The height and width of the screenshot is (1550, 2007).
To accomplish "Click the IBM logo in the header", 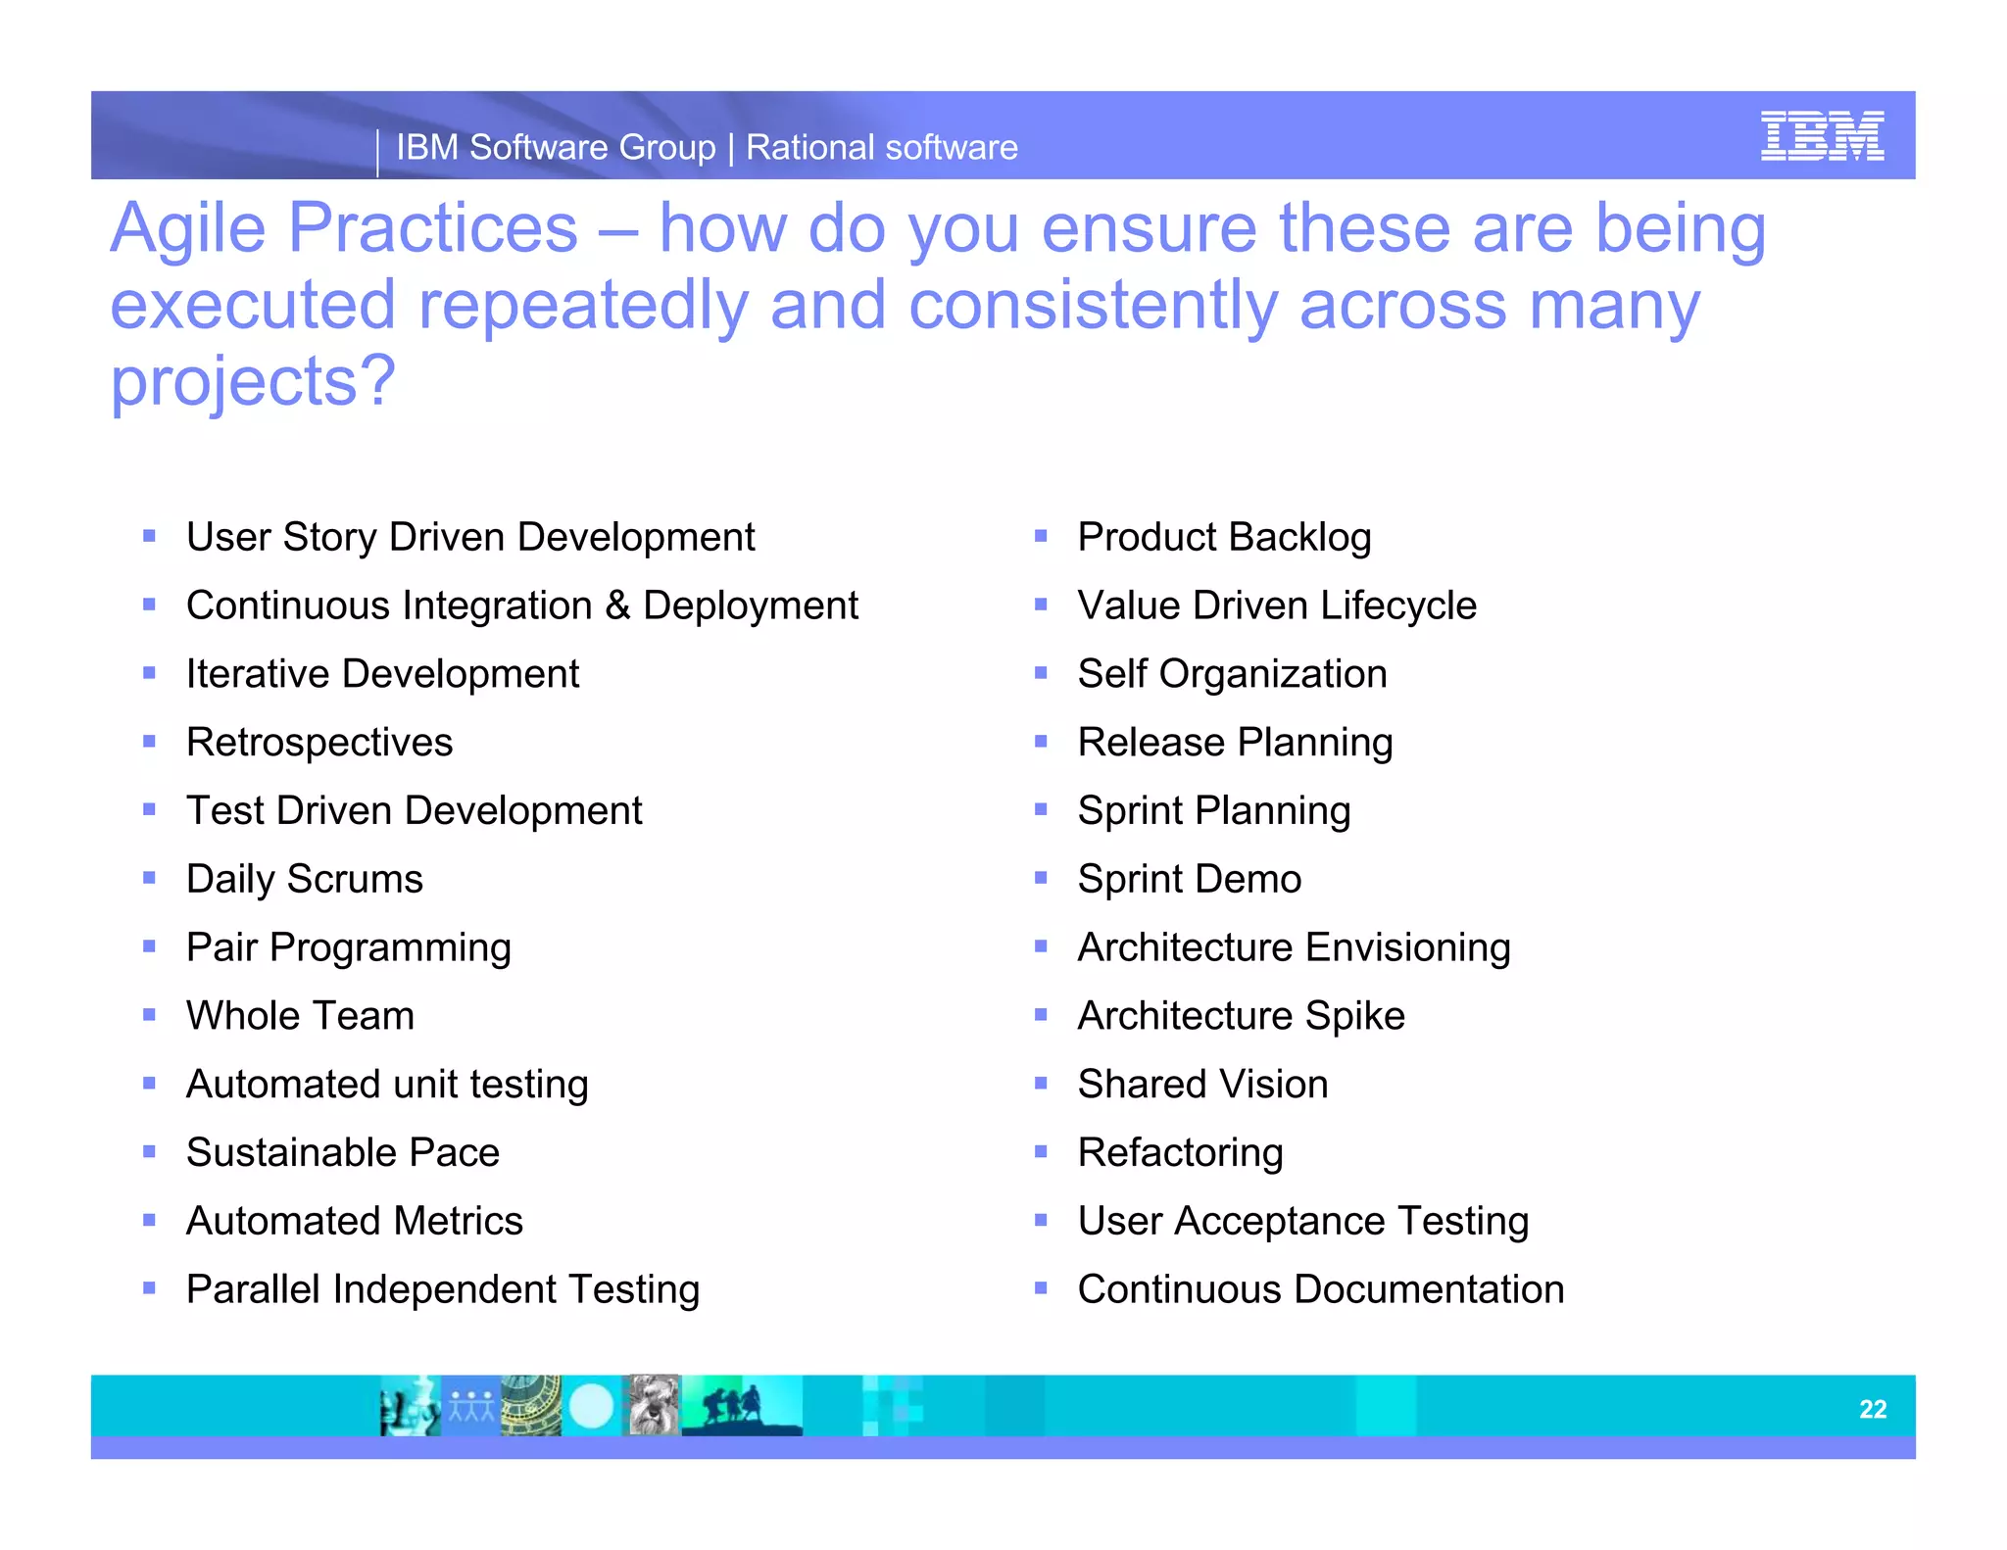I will coord(1822,136).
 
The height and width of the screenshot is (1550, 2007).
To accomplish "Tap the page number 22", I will coord(1873,1409).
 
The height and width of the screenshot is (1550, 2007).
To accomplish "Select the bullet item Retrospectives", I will coord(319,743).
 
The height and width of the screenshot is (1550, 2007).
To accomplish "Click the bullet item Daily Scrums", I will coord(305,879).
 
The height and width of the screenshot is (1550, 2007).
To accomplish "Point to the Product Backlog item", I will coord(1224,537).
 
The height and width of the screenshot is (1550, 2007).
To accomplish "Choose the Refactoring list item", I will coord(1180,1153).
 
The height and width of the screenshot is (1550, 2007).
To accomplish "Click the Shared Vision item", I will coord(1202,1085).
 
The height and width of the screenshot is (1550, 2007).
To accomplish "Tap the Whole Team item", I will coord(300,1016).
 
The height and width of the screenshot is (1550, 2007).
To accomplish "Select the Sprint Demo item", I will coord(1189,879).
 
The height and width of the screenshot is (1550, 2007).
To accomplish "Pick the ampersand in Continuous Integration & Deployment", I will coord(617,605).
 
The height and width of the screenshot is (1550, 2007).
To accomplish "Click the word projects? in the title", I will coord(253,381).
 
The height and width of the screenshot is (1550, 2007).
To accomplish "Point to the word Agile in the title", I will coord(188,228).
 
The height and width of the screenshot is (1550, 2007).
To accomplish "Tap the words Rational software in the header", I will coord(882,148).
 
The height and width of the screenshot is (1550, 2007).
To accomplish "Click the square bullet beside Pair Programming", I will coord(149,946).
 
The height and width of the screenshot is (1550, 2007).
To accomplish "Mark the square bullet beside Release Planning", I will coord(1041,742).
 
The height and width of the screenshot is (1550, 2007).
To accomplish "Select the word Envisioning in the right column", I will coord(1407,947).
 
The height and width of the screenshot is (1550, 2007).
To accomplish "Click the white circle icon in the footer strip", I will coord(590,1407).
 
